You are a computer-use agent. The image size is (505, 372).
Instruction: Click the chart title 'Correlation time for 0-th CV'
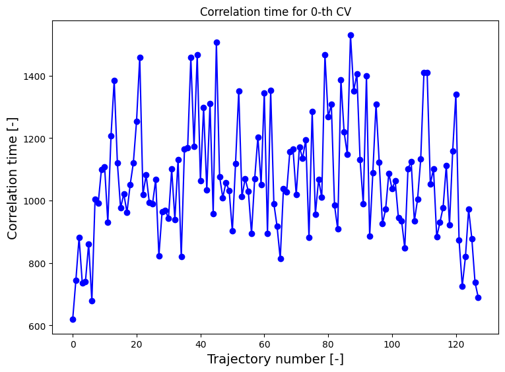point(275,12)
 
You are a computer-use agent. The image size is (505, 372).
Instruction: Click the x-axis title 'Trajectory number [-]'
point(275,359)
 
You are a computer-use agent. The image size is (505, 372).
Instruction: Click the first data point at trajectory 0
point(73,319)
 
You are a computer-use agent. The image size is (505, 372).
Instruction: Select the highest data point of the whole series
point(351,35)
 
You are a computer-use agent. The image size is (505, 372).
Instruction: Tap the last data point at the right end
point(478,297)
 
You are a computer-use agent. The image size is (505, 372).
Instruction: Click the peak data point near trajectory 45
point(217,42)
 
